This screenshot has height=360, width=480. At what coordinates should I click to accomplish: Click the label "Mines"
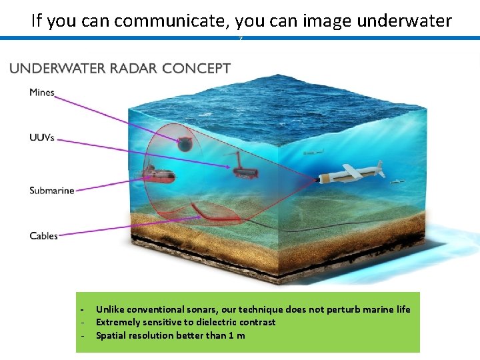(x=42, y=93)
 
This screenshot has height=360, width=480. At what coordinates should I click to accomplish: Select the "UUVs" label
(x=42, y=138)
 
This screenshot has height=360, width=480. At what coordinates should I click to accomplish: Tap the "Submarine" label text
(x=52, y=191)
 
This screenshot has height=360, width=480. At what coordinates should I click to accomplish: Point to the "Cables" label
(x=44, y=236)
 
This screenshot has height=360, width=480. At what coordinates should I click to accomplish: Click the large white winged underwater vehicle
(x=350, y=175)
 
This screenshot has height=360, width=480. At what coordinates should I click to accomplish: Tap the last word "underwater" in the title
(x=404, y=21)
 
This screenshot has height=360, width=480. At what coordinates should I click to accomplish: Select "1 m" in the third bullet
(x=237, y=335)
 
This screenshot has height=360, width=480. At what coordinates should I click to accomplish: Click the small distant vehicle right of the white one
(x=398, y=181)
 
